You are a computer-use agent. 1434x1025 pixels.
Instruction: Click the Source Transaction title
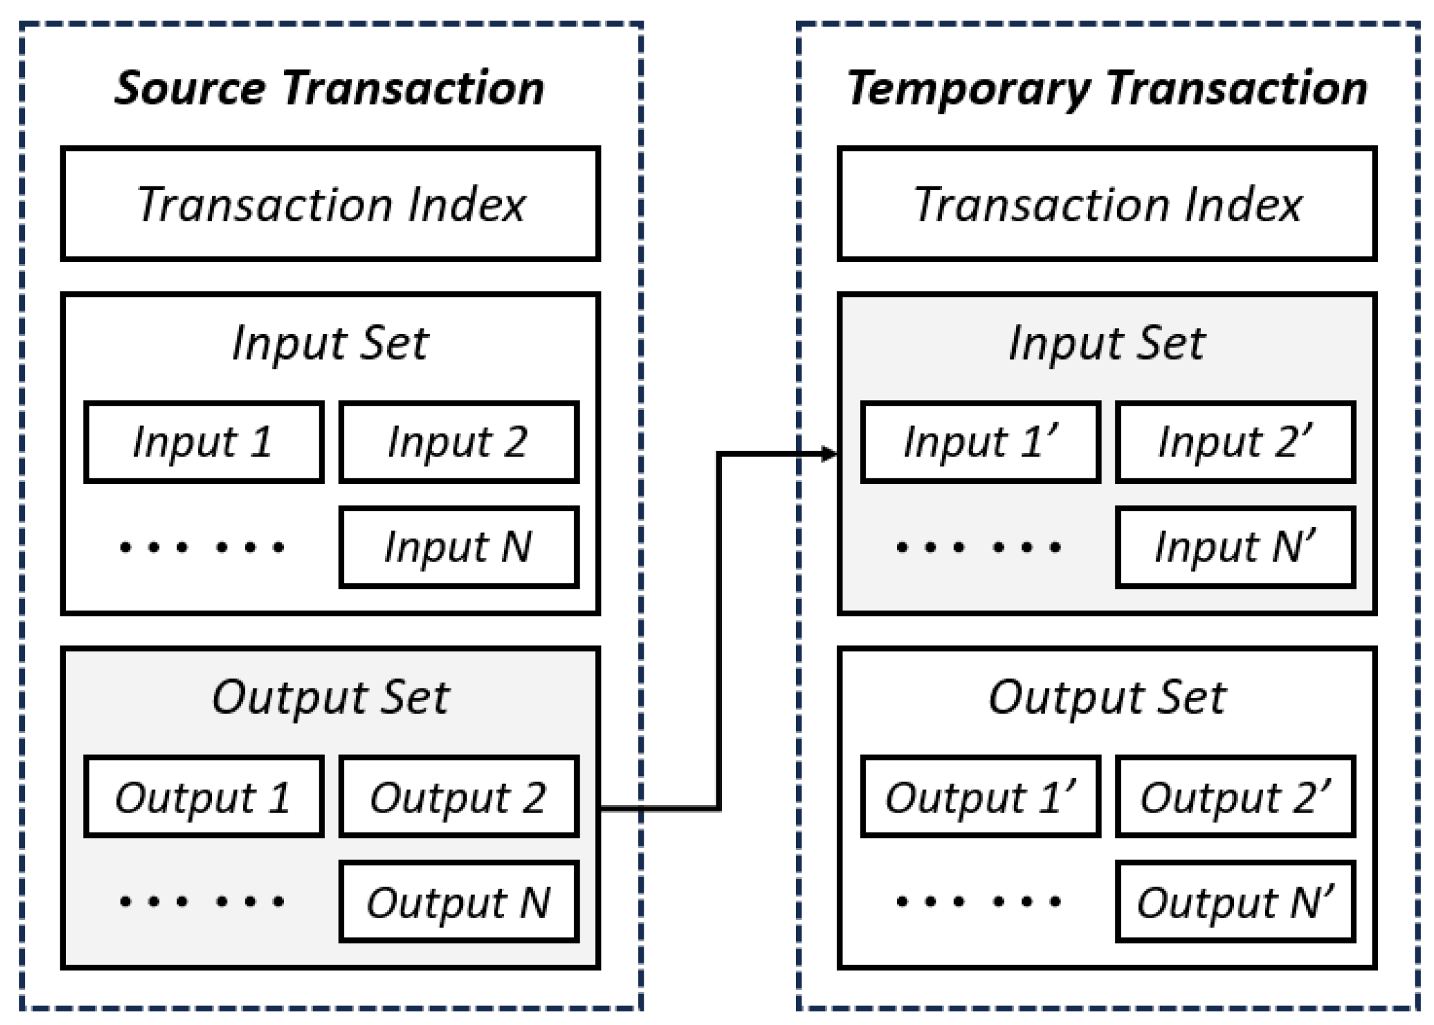(x=329, y=88)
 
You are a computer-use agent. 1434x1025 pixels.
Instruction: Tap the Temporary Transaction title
(x=1107, y=88)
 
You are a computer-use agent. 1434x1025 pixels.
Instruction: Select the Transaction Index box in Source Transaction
(x=330, y=204)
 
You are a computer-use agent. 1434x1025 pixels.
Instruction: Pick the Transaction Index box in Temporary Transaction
(x=1107, y=204)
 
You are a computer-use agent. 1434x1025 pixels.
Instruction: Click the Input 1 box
(x=204, y=442)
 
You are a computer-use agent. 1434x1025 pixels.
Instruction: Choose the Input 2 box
(x=459, y=442)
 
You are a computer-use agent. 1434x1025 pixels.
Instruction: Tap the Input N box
(x=459, y=547)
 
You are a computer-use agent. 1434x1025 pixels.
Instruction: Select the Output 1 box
(x=204, y=796)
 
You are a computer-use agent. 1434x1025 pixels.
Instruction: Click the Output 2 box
(x=459, y=796)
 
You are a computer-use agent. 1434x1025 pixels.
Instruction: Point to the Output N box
(x=459, y=902)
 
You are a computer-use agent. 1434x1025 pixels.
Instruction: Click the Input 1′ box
(x=981, y=442)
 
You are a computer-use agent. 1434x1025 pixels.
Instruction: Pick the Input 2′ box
(x=1236, y=442)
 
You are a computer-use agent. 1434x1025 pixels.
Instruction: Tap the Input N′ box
(x=1236, y=547)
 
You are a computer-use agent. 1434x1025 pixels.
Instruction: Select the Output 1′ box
(x=981, y=796)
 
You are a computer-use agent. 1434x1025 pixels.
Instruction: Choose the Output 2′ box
(x=1236, y=796)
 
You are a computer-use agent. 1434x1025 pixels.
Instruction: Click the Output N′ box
(x=1236, y=902)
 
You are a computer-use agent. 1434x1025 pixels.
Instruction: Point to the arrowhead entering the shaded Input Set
(x=829, y=453)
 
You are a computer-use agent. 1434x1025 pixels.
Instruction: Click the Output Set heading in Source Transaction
(x=330, y=698)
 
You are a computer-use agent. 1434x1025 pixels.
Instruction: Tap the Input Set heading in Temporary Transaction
(x=1107, y=344)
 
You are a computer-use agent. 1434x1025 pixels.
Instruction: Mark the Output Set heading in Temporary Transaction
(x=1107, y=698)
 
